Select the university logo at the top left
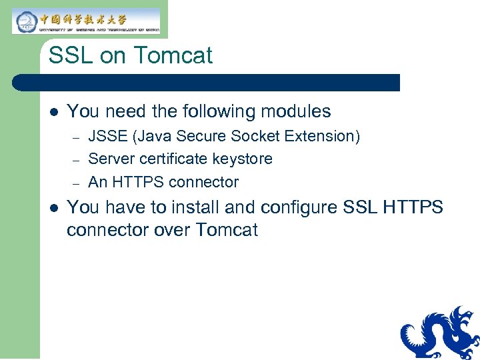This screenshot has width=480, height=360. click(x=86, y=21)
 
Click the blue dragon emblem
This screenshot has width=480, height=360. click(x=439, y=333)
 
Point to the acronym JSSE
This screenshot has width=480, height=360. click(x=109, y=137)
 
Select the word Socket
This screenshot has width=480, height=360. click(x=256, y=137)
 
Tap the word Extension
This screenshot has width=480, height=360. click(x=323, y=137)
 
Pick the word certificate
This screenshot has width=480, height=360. click(x=176, y=159)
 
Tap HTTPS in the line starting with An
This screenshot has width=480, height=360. click(x=138, y=182)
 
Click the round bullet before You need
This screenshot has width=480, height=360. click(x=53, y=112)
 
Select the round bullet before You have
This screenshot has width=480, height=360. click(x=53, y=208)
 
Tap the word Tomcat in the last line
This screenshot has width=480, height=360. click(x=226, y=231)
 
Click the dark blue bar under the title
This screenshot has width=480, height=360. click(x=207, y=83)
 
